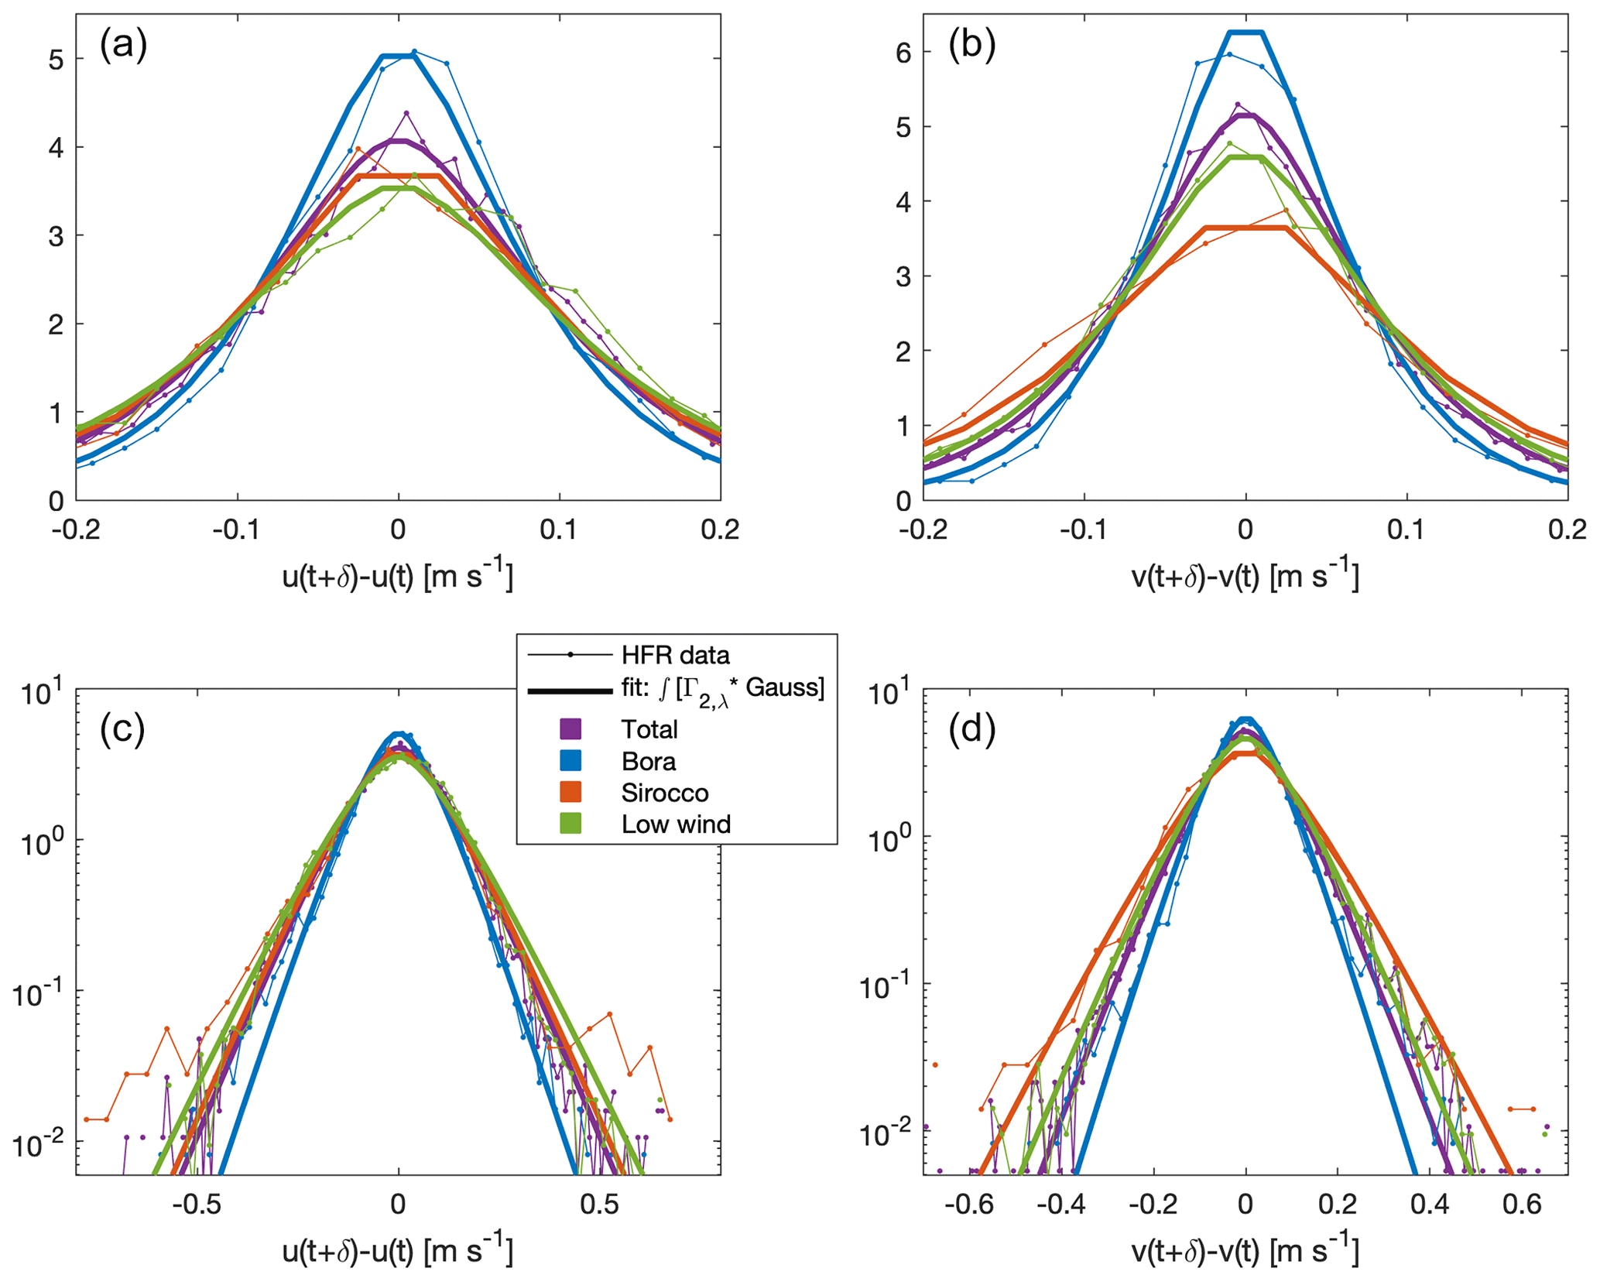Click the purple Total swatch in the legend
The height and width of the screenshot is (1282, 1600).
pyautogui.click(x=570, y=729)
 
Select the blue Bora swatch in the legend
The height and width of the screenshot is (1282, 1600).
pyautogui.click(x=570, y=761)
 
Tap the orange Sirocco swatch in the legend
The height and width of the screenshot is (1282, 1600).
pyautogui.click(x=570, y=793)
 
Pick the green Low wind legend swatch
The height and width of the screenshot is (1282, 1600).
pyautogui.click(x=570, y=824)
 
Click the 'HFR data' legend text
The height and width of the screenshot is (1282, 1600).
pyautogui.click(x=675, y=656)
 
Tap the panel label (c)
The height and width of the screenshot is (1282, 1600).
pyautogui.click(x=123, y=729)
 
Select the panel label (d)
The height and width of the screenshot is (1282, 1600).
pyautogui.click(x=971, y=729)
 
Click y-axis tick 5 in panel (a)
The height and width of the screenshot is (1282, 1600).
pyautogui.click(x=56, y=59)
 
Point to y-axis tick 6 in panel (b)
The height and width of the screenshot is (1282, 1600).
pyautogui.click(x=903, y=53)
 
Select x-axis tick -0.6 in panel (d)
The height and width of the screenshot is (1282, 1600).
pyautogui.click(x=964, y=1205)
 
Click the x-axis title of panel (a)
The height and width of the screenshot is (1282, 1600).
pyautogui.click(x=398, y=576)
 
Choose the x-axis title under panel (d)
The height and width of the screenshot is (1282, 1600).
pyautogui.click(x=1245, y=1250)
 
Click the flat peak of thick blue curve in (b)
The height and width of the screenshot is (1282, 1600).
pyautogui.click(x=1245, y=33)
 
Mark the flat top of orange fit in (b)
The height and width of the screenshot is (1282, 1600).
pyautogui.click(x=1245, y=228)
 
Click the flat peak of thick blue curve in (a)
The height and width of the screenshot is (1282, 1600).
pyautogui.click(x=398, y=56)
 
